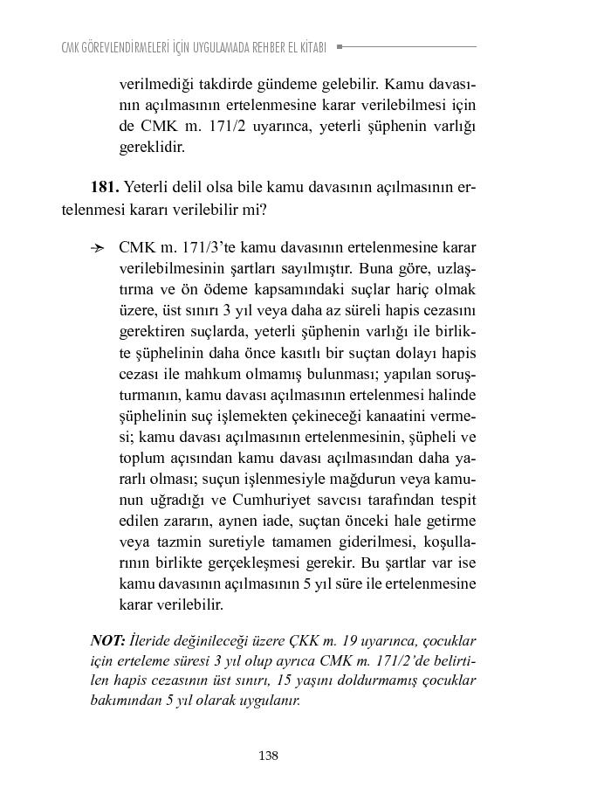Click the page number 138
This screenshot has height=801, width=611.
268,756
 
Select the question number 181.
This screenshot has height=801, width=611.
104,187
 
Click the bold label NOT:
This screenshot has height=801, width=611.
108,639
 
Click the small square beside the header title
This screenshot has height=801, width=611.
340,46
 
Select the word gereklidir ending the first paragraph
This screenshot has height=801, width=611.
152,147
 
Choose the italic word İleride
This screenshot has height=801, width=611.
155,639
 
